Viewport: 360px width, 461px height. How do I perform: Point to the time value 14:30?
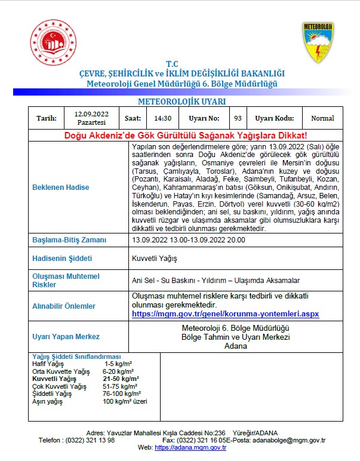click(x=162, y=118)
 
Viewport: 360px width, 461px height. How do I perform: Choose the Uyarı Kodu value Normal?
click(x=322, y=118)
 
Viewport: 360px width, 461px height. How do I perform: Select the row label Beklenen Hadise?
click(x=60, y=188)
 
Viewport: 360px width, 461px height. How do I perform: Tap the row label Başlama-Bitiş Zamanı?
click(x=69, y=240)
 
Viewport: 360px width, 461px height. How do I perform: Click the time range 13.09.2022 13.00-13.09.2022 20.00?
click(x=189, y=240)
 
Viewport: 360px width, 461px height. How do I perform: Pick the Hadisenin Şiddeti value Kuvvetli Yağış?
click(x=154, y=259)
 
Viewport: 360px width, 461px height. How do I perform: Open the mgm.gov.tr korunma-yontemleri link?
click(x=225, y=314)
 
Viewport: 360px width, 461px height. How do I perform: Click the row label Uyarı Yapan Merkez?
click(x=66, y=337)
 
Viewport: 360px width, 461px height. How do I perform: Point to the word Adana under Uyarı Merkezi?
click(x=235, y=346)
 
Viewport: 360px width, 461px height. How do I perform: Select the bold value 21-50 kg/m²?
click(x=121, y=379)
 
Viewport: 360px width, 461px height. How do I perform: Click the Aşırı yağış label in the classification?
click(x=47, y=401)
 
